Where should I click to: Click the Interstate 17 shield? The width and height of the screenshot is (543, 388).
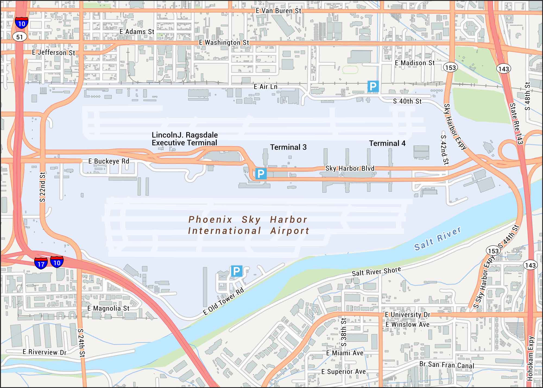[x=41, y=263]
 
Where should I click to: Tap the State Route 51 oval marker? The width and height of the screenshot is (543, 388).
[x=20, y=37]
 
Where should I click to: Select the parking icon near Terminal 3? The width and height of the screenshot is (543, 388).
[x=261, y=174]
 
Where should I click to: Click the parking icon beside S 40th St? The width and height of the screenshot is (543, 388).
[x=373, y=86]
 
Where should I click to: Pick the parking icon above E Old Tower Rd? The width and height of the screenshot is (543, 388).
[x=236, y=271]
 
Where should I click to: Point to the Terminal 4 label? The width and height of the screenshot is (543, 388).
[x=387, y=143]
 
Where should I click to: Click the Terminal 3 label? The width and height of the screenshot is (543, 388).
[x=288, y=147]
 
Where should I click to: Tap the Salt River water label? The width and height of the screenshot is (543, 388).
[x=437, y=238]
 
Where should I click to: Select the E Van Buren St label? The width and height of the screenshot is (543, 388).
[x=278, y=11]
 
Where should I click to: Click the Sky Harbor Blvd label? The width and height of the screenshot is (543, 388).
[x=350, y=168]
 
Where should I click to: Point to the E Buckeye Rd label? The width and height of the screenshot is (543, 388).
[x=109, y=161]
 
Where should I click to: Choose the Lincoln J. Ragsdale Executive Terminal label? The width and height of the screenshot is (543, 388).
[x=185, y=139]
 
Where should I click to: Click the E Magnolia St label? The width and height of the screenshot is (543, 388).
[x=108, y=308]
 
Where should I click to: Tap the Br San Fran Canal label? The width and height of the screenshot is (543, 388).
[x=447, y=365]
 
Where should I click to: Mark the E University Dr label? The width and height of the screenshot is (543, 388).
[x=408, y=315]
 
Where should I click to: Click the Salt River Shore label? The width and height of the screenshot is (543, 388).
[x=376, y=271]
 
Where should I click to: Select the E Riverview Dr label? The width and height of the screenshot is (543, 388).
[x=44, y=352]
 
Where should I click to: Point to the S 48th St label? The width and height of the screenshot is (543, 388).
[x=527, y=96]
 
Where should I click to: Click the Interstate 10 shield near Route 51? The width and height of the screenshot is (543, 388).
[x=21, y=23]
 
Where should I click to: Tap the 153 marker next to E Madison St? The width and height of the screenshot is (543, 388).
[x=451, y=67]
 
